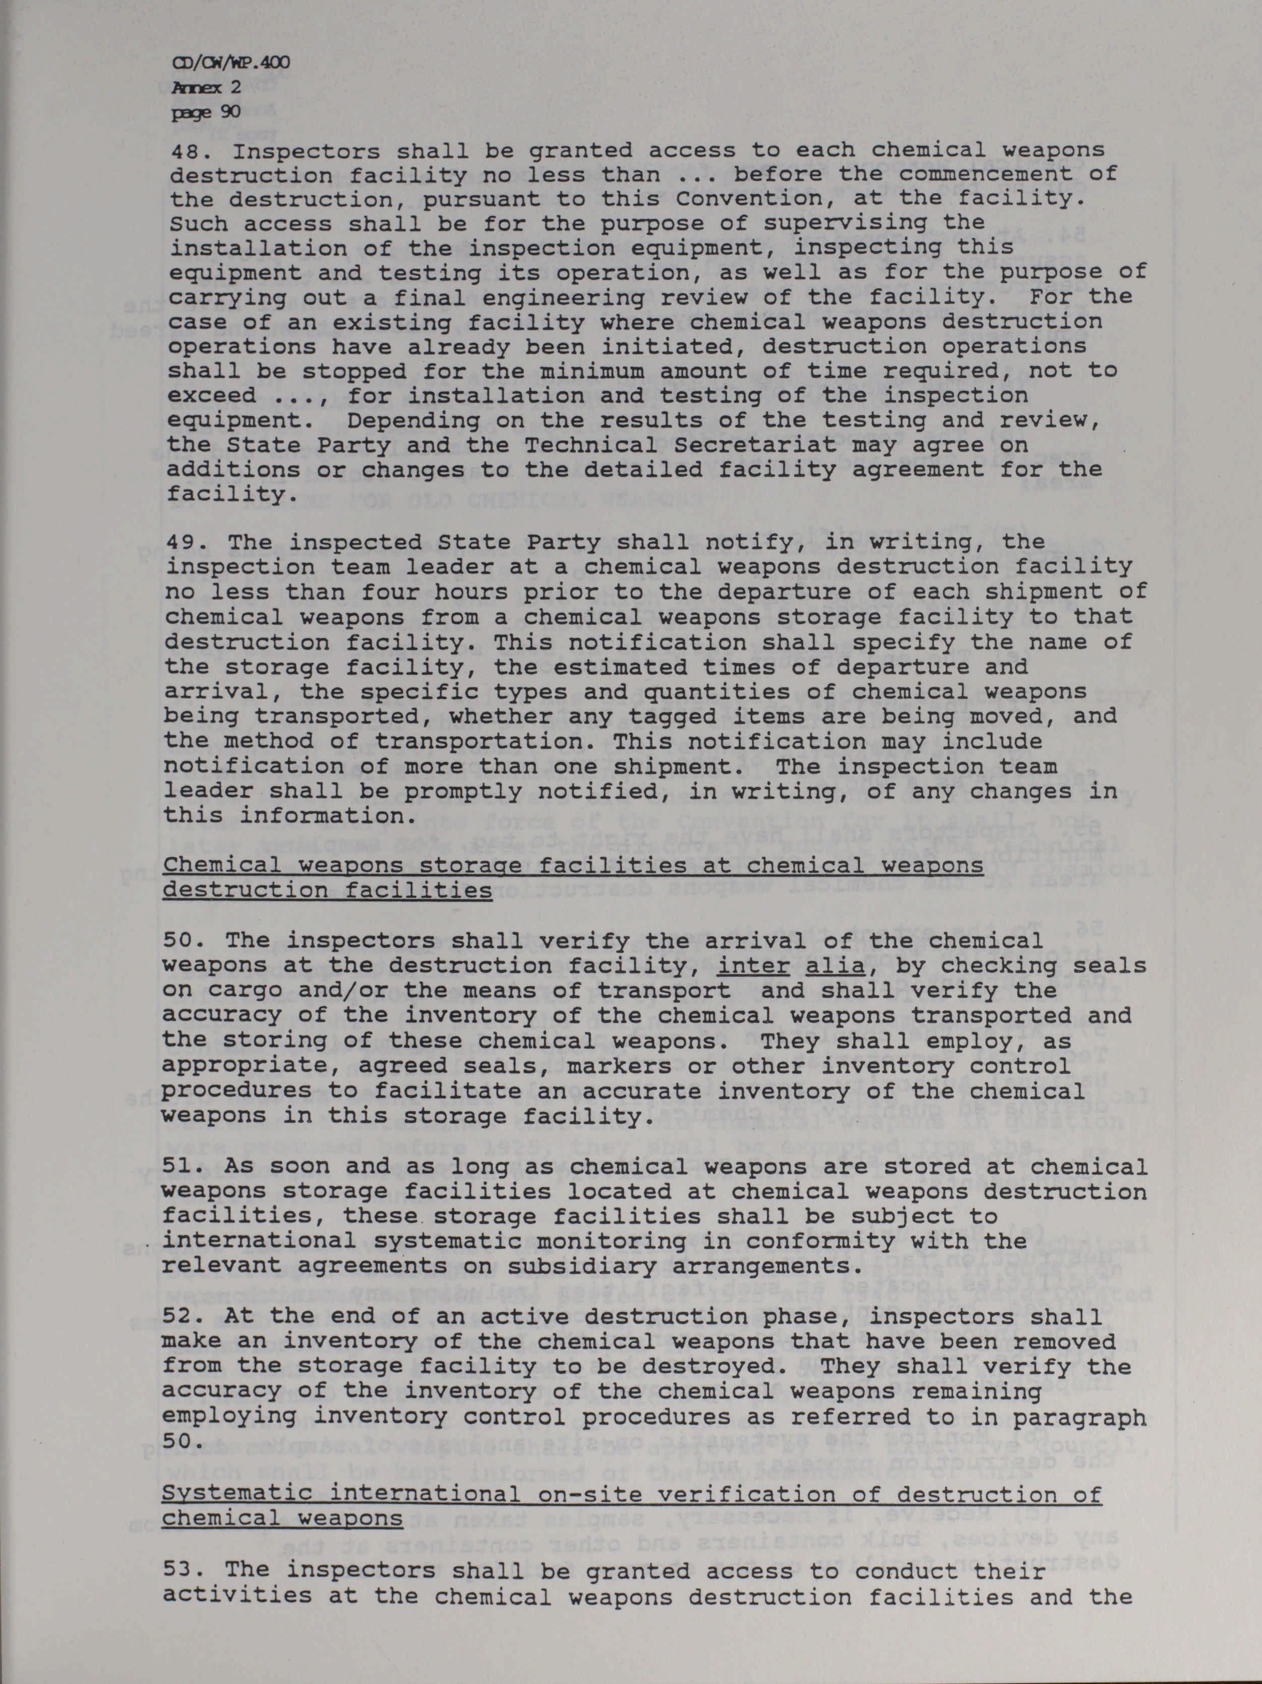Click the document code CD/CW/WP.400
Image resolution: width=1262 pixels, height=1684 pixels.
(230, 64)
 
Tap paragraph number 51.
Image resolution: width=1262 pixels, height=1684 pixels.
(181, 1167)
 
